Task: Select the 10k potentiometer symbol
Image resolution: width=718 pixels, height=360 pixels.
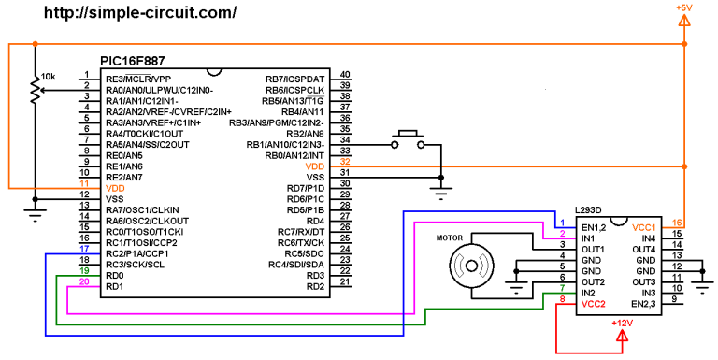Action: pos(36,91)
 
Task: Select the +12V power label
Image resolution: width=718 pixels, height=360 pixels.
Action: pos(622,323)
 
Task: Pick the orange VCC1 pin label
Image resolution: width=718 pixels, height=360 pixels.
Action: pos(644,227)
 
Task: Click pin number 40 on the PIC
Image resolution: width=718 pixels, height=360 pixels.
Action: pos(345,75)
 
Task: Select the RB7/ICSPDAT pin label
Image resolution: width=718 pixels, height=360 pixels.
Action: pos(294,79)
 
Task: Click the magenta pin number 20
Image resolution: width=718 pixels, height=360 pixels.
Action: pos(84,281)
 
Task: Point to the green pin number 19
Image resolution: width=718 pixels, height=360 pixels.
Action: pos(84,270)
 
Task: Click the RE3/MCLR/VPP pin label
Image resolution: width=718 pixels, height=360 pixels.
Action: pos(138,79)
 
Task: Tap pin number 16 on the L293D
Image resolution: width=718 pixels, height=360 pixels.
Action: pos(678,223)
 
